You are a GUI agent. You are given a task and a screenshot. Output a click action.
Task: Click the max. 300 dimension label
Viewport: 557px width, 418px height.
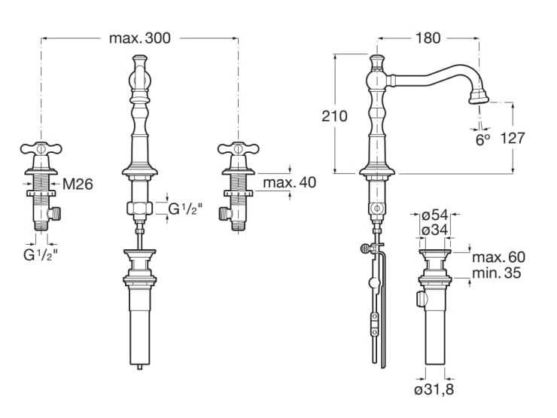pos(139,38)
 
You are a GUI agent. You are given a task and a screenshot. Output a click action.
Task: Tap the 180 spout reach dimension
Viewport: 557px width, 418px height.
pos(428,38)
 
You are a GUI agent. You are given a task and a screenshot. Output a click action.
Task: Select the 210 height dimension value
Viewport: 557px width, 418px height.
pos(334,116)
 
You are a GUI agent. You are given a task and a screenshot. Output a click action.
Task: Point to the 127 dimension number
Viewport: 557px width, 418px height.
pos(513,139)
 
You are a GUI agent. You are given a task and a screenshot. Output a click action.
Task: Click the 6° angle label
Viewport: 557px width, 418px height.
pos(482,140)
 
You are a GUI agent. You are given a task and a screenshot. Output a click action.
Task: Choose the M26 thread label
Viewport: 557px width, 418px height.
pos(78,184)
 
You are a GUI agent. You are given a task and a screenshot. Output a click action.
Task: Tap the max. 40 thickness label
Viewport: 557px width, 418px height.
pos(290,183)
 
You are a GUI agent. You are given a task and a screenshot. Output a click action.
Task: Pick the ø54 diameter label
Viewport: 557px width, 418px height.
pos(435,215)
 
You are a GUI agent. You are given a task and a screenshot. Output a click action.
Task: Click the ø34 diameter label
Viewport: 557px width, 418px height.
pos(435,230)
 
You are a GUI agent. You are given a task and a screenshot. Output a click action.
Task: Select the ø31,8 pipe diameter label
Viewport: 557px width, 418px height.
pos(434,390)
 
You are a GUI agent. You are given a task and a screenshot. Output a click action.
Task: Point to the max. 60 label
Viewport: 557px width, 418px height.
pos(498,257)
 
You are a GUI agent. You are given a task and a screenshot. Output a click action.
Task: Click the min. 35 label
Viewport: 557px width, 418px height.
pos(497,273)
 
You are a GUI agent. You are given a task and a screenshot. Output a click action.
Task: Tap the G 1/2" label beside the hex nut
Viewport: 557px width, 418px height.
pos(185,209)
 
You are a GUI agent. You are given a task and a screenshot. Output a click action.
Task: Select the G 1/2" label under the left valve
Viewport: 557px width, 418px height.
pos(41,255)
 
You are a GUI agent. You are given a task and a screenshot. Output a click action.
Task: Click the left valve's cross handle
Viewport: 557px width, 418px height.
pos(41,148)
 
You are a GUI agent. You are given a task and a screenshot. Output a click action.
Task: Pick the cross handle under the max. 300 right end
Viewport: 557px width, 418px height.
pos(239,148)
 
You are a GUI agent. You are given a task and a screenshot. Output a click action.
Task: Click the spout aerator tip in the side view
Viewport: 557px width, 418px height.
pos(479,97)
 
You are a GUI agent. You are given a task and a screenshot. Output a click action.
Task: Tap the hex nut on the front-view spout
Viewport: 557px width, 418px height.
pos(139,209)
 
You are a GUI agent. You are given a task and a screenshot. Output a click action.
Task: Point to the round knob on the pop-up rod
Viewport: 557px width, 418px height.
pos(365,249)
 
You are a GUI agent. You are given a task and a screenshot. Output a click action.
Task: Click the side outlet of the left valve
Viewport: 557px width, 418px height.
pos(54,214)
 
